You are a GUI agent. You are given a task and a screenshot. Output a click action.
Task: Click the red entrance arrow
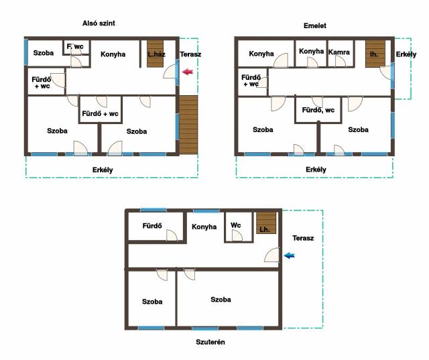click(x=188, y=72)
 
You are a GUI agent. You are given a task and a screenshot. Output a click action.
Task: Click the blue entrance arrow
click(x=289, y=255)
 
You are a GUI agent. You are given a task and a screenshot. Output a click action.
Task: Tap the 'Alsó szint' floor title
click(x=99, y=23)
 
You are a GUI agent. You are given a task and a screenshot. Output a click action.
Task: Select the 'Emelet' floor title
click(x=315, y=25)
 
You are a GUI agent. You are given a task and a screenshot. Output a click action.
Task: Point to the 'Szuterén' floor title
click(x=210, y=342)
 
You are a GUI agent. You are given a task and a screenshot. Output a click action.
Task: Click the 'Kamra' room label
click(x=339, y=52)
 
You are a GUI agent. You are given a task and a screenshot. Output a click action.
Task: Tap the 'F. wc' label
click(x=75, y=46)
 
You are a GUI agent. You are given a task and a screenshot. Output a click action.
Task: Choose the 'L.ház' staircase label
click(x=156, y=54)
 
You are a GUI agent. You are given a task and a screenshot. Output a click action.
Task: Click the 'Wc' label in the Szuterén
click(x=235, y=225)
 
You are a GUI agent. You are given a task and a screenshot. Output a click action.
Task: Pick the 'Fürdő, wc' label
click(x=318, y=110)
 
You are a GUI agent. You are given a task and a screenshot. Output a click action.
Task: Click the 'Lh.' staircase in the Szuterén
click(x=266, y=223)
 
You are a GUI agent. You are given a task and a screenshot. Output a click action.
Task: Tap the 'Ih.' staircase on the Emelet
click(x=375, y=54)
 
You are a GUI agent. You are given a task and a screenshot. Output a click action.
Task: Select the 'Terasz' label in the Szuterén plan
click(x=303, y=238)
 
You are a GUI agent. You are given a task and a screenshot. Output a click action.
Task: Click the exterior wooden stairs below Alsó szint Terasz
click(x=188, y=125)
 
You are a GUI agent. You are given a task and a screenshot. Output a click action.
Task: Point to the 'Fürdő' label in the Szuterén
click(x=152, y=226)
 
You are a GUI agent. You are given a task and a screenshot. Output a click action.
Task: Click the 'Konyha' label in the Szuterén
click(x=204, y=227)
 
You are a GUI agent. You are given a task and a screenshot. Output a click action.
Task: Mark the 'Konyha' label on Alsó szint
click(x=113, y=54)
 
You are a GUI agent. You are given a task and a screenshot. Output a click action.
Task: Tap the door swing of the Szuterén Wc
click(x=237, y=235)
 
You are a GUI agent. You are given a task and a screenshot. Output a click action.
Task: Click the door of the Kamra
click(x=341, y=61)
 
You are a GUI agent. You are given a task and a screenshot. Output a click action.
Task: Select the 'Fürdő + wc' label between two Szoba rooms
click(x=100, y=113)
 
